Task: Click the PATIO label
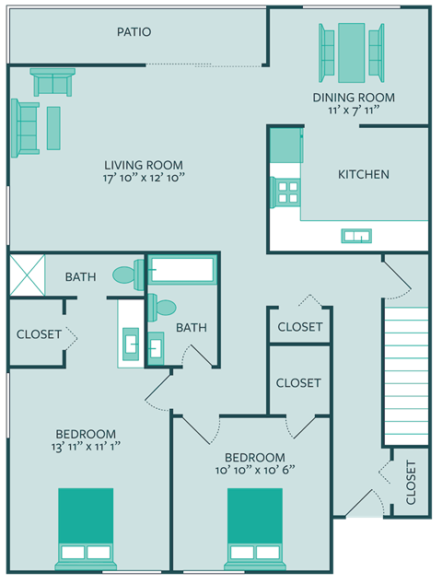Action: pos(134,32)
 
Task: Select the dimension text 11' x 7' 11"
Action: pos(354,111)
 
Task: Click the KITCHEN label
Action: pos(363,174)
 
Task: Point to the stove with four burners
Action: pos(286,192)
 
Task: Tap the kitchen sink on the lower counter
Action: pos(355,236)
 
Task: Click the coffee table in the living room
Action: pos(53,128)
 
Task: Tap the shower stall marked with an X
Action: pos(27,275)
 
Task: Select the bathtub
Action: pos(182,271)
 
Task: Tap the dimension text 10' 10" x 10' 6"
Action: pos(255,470)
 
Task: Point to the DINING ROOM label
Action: pos(354,98)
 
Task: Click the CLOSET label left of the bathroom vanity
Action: pos(39,334)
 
